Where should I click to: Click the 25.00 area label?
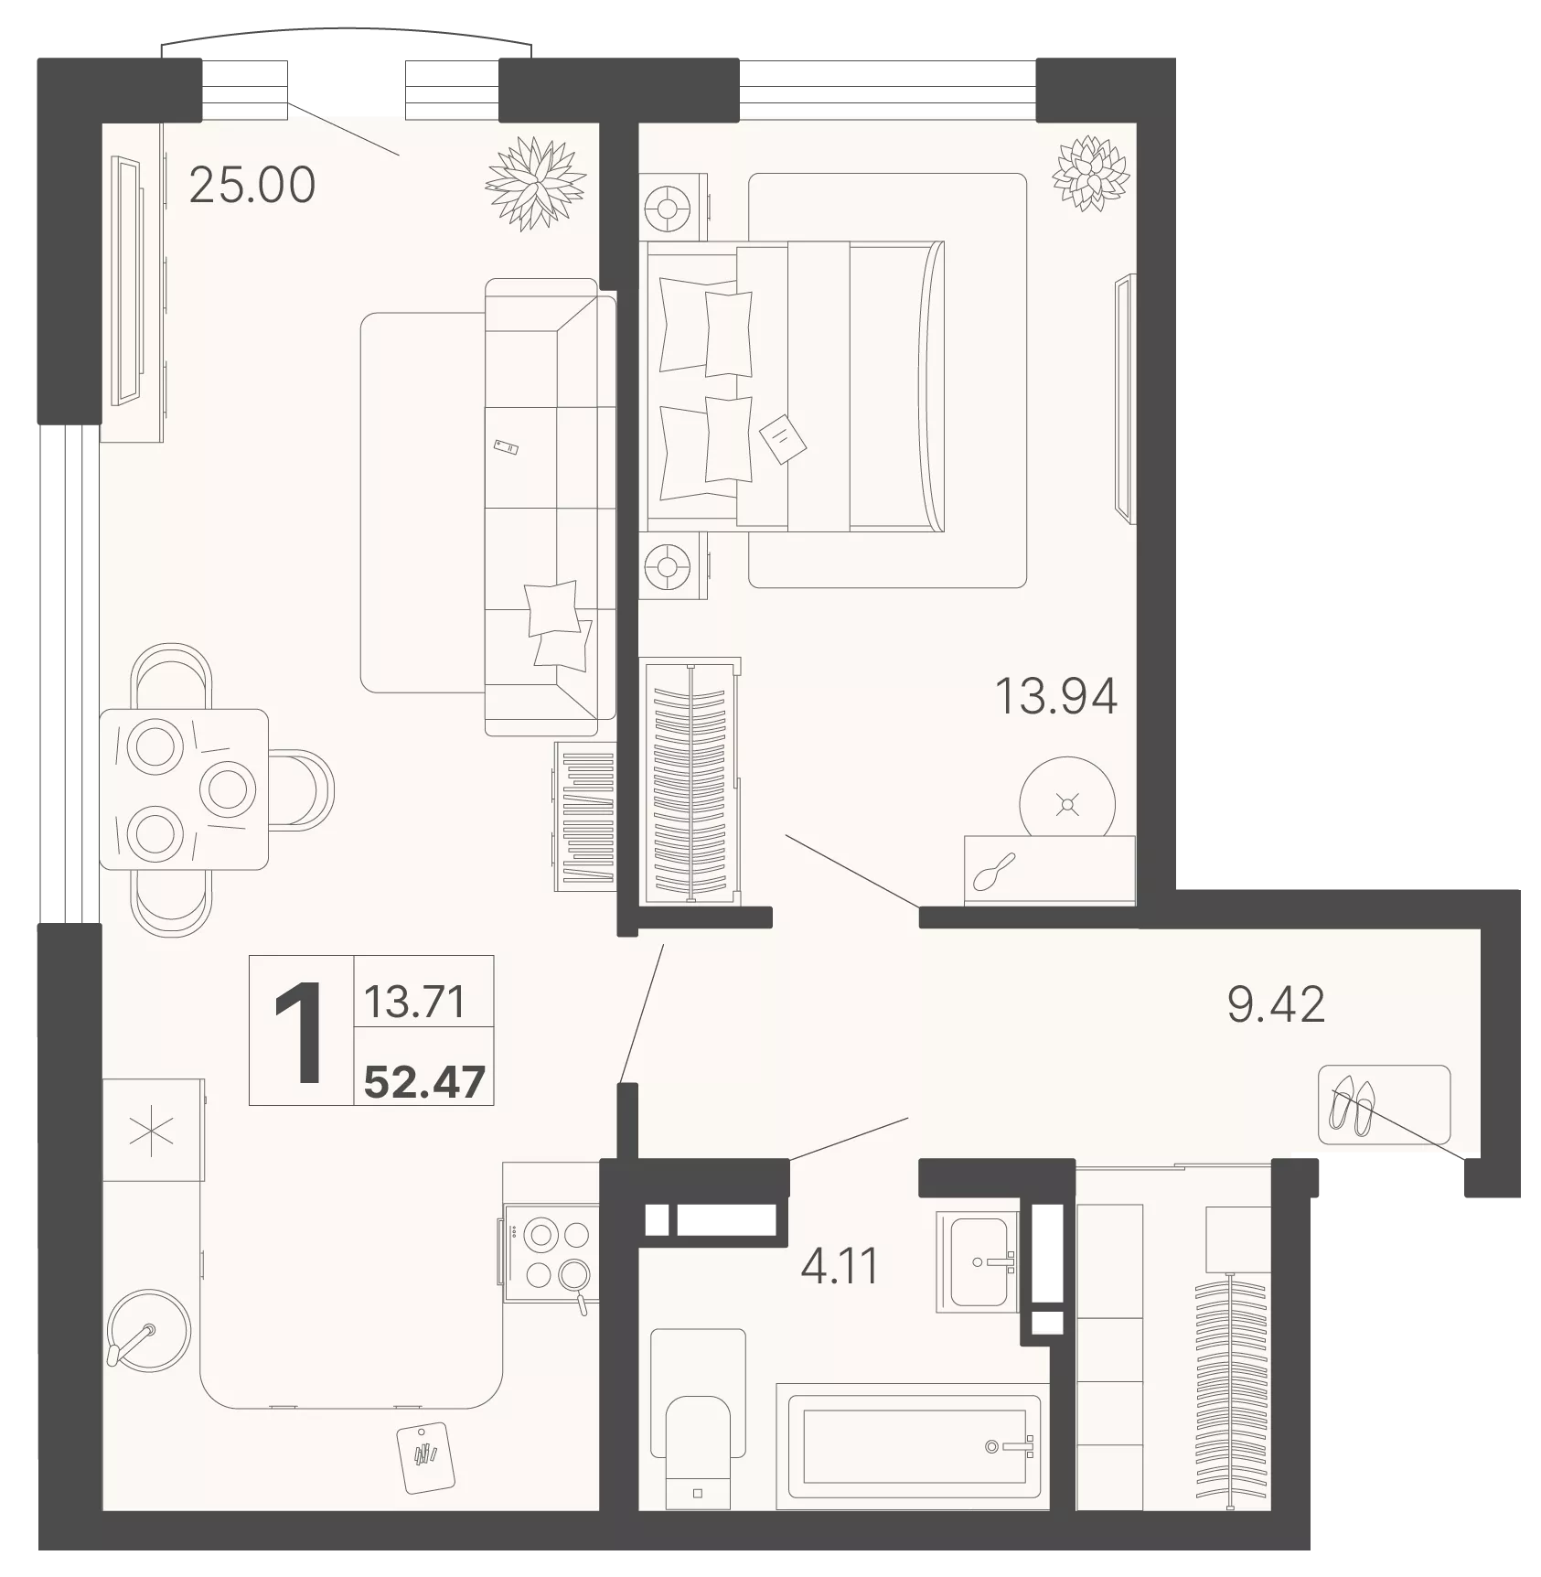tap(251, 186)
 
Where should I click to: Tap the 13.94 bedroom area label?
tap(1055, 697)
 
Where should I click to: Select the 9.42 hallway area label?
tap(1276, 1005)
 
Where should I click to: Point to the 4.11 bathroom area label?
tap(839, 1267)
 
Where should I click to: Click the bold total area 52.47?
tap(424, 1083)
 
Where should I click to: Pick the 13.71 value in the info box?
tap(415, 1002)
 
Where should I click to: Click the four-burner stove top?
tap(549, 1254)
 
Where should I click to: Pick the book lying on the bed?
tap(783, 439)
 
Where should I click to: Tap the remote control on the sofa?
tap(506, 446)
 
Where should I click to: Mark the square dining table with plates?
tap(184, 788)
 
